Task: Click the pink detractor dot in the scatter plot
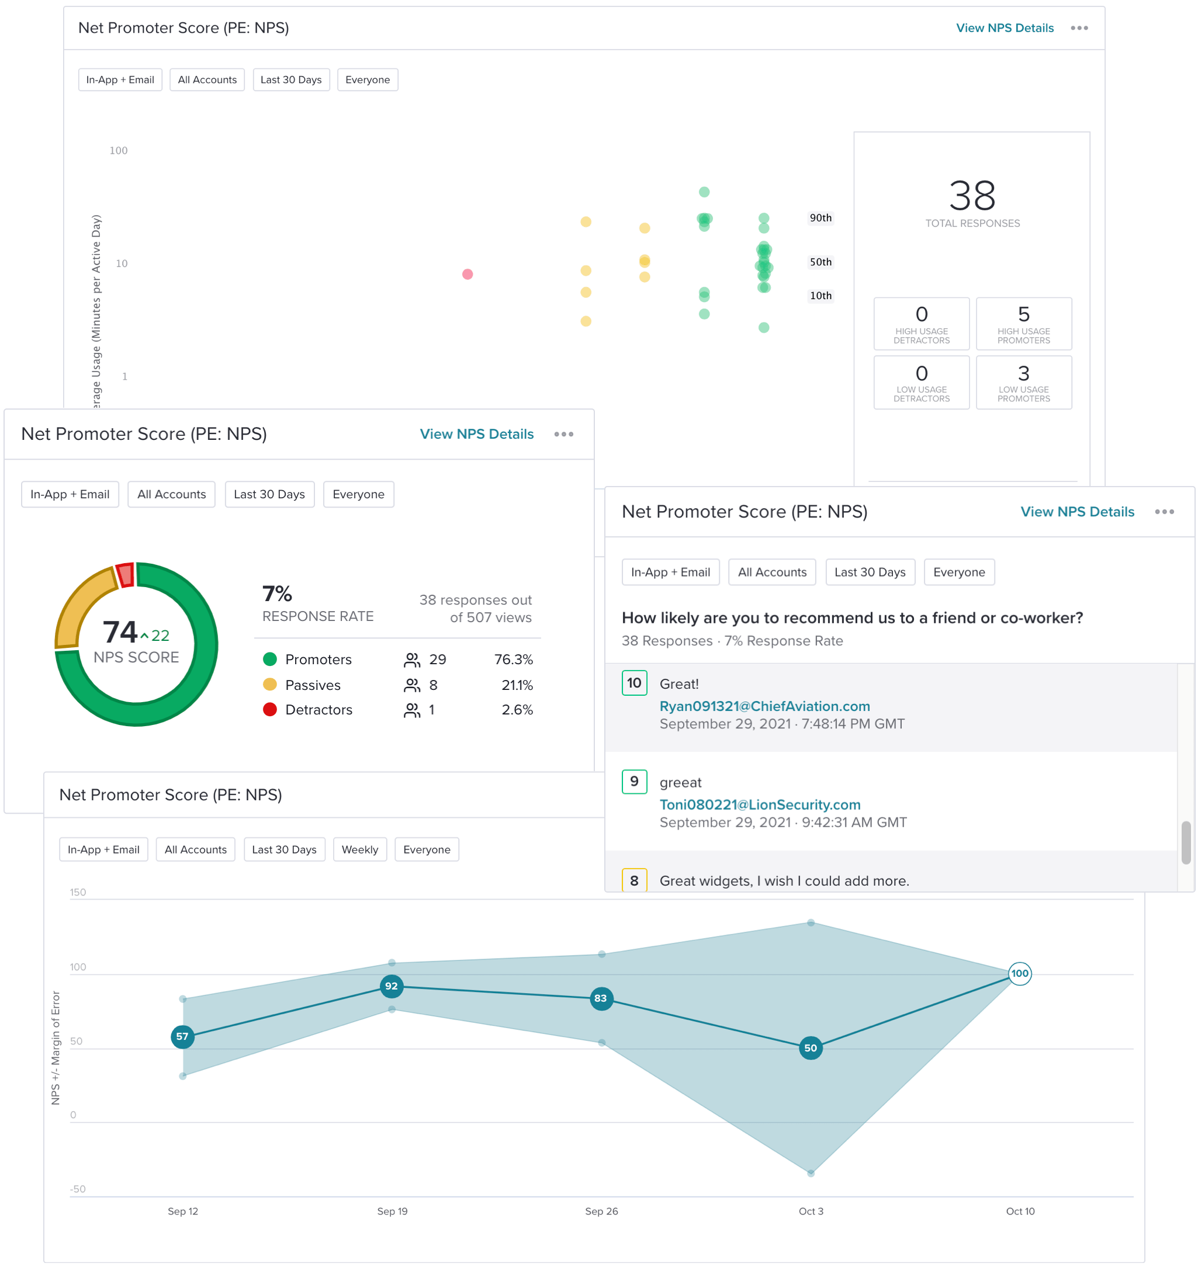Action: coord(467,274)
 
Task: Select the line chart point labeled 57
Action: coord(183,1036)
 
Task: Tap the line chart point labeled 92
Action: coord(391,986)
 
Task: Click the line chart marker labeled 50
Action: coord(810,1047)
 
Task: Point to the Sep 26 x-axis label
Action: coord(601,1211)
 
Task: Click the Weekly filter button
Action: coord(360,849)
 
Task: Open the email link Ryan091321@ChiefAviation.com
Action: coord(764,706)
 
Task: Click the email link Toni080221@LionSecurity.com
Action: coord(760,804)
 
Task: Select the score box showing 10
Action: coord(634,683)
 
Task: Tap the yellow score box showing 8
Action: coord(634,880)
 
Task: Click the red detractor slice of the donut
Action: coord(125,574)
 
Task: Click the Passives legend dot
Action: coord(269,684)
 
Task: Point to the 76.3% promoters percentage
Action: coord(513,660)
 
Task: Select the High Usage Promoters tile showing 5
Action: coord(1024,324)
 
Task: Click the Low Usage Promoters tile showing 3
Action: coord(1024,382)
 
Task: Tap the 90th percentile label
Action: coord(820,218)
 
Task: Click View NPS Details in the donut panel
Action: coord(477,434)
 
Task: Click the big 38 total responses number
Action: coord(972,196)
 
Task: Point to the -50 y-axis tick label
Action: coord(78,1189)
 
